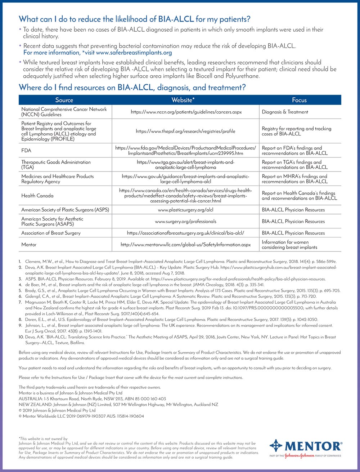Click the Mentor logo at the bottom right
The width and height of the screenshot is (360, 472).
306,448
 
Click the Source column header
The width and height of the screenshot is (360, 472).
64,100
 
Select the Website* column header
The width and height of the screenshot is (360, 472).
186,100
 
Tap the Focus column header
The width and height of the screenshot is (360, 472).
299,100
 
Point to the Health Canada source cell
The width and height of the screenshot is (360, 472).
37,196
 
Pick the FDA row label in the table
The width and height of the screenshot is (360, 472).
26,150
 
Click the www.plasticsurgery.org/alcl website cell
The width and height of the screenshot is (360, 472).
186,210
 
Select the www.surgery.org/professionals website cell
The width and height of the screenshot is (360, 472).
186,221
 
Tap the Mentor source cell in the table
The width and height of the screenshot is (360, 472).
29,245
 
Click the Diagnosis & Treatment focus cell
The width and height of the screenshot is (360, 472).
285,112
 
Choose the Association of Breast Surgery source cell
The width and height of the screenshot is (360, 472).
51,233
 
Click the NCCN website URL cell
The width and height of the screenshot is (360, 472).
186,112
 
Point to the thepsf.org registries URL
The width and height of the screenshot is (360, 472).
186,131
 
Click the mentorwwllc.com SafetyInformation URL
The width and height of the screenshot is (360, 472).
186,245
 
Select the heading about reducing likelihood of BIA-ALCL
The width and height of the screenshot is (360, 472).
134,19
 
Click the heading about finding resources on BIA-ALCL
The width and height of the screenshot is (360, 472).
132,87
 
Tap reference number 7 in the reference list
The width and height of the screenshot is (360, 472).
21,302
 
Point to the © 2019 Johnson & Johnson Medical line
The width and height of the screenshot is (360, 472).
57,410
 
